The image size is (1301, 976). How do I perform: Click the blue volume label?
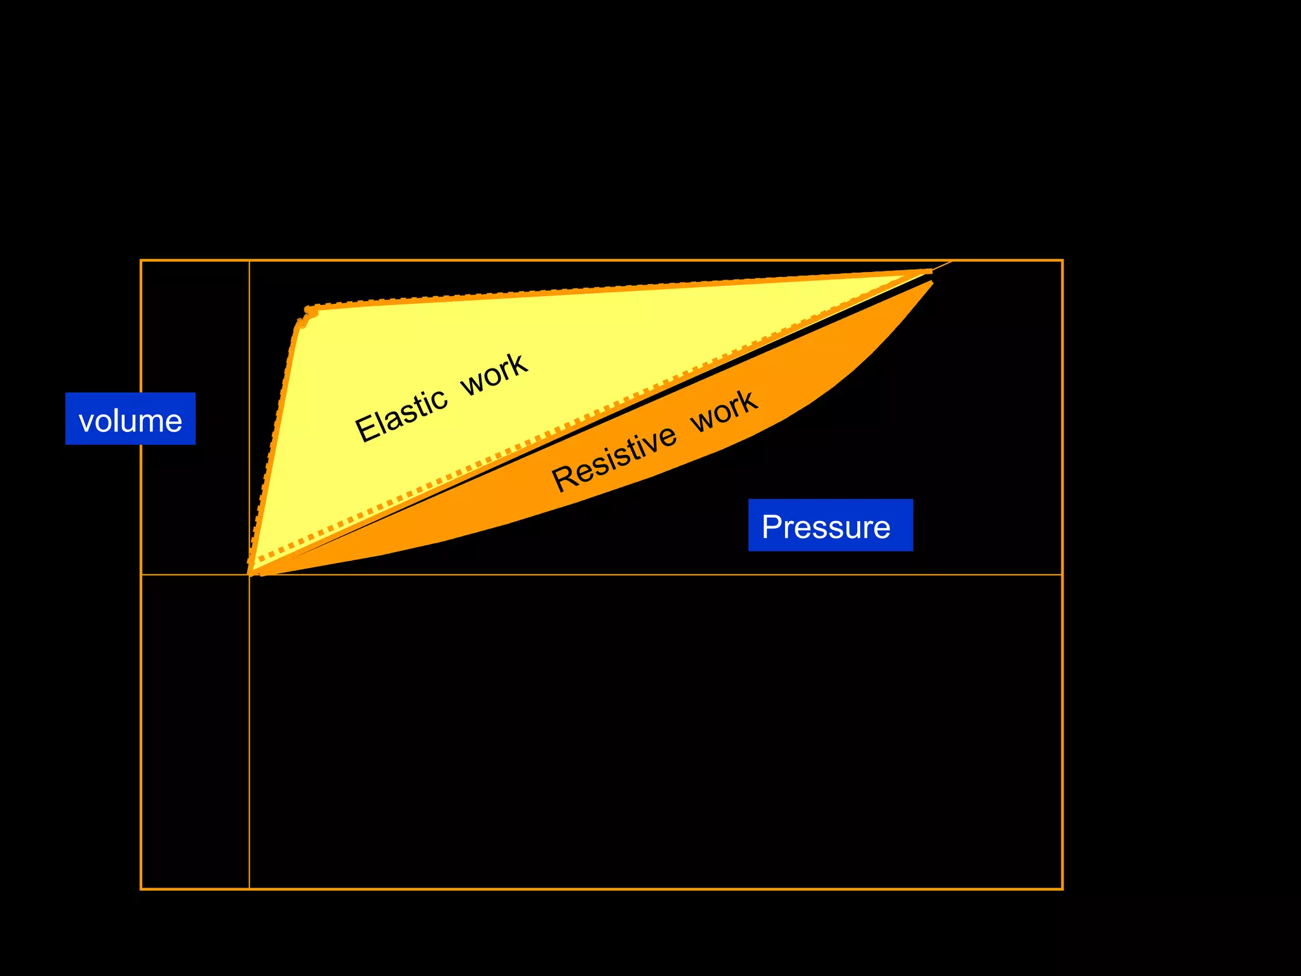tap(130, 419)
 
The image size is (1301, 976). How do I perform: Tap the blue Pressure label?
tap(830, 525)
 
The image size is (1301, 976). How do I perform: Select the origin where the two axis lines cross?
tap(249, 574)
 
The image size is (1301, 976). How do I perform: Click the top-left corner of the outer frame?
tap(141, 261)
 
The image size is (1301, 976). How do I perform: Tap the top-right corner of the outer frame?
tap(1062, 261)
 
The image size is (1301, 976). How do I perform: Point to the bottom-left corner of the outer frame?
tap(141, 888)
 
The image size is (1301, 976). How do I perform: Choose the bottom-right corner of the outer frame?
tap(1062, 888)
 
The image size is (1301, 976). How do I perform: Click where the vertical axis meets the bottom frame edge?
tap(249, 888)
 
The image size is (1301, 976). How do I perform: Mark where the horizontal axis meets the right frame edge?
tap(1062, 574)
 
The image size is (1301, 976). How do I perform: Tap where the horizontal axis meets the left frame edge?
tap(141, 574)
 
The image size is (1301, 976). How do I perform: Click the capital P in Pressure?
tap(771, 526)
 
